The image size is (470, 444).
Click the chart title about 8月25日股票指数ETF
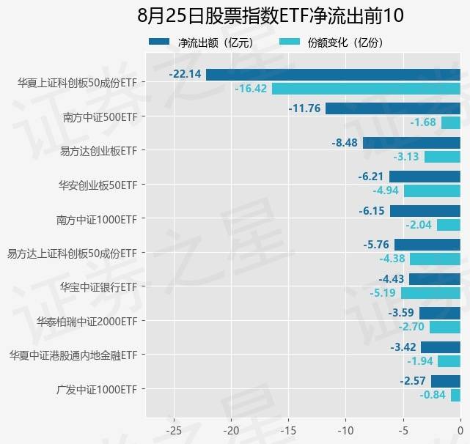[x=271, y=16]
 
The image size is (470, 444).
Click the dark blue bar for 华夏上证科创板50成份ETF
[x=333, y=74]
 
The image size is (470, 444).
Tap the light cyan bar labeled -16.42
[x=366, y=89]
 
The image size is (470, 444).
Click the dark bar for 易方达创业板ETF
[x=411, y=143]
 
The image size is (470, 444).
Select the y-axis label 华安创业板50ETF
[x=98, y=185]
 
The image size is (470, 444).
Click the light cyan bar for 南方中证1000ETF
[x=448, y=225]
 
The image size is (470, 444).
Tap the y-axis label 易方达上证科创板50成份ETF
[x=72, y=253]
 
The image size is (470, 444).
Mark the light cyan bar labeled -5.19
[x=430, y=293]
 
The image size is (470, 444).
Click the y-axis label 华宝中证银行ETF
[x=98, y=286]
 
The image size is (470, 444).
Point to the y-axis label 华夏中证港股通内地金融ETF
[x=73, y=355]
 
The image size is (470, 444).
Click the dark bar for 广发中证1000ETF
[x=445, y=381]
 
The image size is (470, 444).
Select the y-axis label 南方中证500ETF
[x=100, y=116]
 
